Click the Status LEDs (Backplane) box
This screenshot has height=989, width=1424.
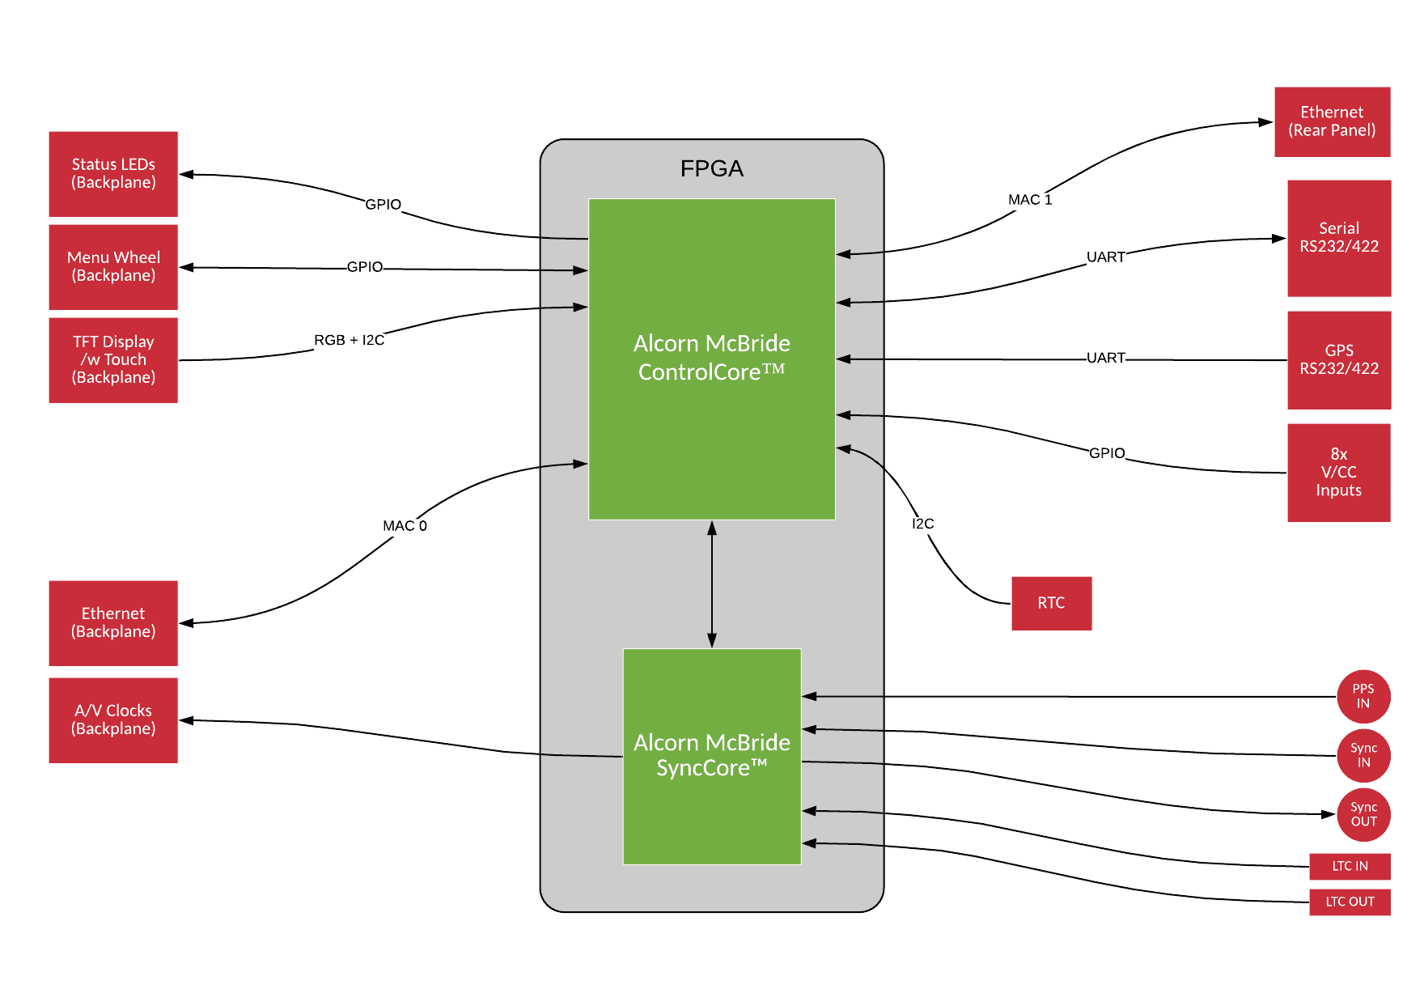[x=113, y=174]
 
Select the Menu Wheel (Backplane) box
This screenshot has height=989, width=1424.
[x=113, y=267]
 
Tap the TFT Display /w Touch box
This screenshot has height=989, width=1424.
[x=113, y=360]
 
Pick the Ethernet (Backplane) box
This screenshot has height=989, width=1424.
[x=113, y=623]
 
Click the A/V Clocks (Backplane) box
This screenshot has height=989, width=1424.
[x=113, y=720]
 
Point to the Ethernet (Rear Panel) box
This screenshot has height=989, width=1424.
[x=1332, y=121]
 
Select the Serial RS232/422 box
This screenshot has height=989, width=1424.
[x=1339, y=238]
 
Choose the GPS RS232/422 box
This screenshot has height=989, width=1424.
[x=1339, y=360]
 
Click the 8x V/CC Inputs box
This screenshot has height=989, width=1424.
[x=1338, y=473]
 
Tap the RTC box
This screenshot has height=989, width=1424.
[x=1051, y=603]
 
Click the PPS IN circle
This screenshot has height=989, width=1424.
[x=1363, y=696]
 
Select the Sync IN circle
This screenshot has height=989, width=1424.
[x=1363, y=756]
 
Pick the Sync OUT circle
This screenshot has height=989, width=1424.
[x=1363, y=815]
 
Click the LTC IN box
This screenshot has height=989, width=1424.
[x=1350, y=866]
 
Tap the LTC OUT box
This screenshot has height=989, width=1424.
[x=1350, y=902]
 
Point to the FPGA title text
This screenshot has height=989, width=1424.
[x=711, y=168]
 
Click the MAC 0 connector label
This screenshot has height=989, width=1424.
[x=405, y=526]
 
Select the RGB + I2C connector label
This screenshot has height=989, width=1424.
[x=349, y=340]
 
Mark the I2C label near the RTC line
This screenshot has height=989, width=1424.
[x=922, y=524]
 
